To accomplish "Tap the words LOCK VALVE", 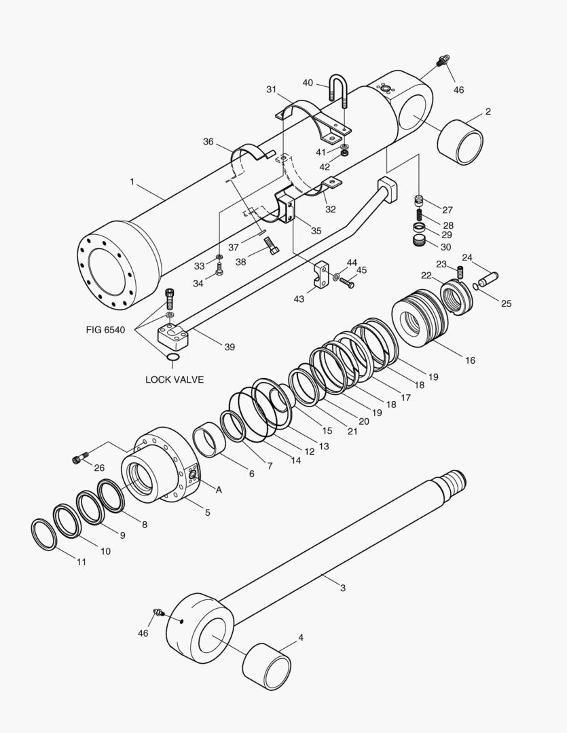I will [175, 379].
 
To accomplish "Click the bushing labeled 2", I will [460, 142].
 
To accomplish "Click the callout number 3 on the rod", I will [343, 587].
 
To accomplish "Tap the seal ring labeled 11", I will [45, 534].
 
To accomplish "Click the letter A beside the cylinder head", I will [219, 489].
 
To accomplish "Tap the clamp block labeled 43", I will [322, 275].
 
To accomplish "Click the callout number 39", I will [230, 347].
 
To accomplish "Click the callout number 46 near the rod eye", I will [143, 633].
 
